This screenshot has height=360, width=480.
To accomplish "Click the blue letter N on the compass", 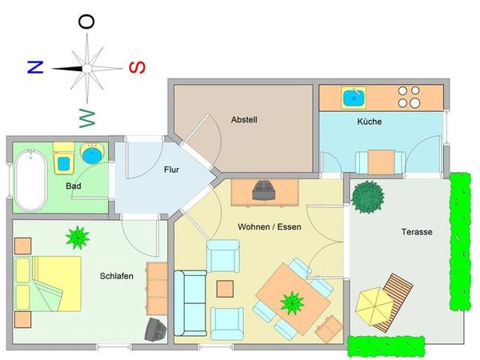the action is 35,67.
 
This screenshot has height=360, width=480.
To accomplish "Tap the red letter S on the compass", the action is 137,68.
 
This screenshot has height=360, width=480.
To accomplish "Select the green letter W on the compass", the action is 87,118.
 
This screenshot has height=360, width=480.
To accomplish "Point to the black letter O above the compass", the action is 86,22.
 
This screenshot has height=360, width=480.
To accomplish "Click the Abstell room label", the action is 244,120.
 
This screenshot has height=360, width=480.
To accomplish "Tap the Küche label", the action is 369,122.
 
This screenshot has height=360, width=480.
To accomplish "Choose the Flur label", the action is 171,170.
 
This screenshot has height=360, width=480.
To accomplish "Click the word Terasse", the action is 417,232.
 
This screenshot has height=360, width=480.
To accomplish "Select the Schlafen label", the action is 116,276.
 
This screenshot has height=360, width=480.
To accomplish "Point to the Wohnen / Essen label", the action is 270,227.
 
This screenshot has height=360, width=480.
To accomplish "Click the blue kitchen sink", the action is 354,98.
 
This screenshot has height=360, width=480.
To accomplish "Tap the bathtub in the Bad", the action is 31,181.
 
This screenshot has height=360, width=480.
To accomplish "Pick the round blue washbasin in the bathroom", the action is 92,154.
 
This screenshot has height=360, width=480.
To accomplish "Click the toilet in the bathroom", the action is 64,158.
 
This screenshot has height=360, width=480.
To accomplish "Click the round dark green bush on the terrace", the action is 367,197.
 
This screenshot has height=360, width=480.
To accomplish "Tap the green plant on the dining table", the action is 292,303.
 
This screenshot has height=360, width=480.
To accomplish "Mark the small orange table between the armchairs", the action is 225,289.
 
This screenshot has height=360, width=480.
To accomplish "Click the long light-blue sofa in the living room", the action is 190,303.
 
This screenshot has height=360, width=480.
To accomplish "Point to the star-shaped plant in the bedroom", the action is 78,238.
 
